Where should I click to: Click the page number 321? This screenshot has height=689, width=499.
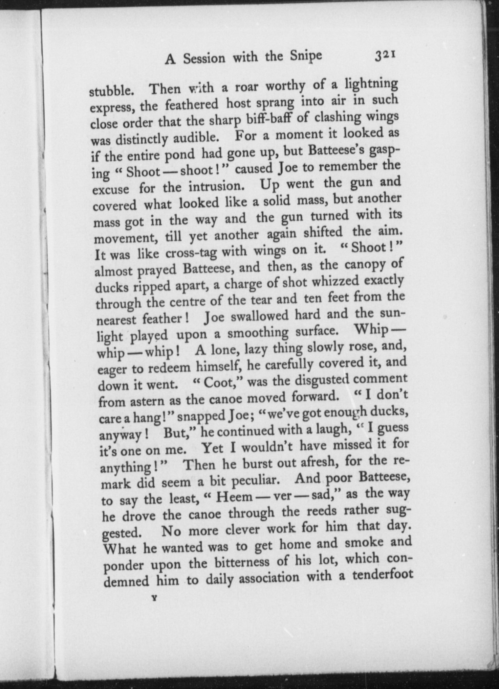pos(385,56)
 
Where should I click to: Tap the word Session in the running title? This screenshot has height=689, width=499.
pos(204,59)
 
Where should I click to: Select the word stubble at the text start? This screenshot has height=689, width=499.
pos(111,90)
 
